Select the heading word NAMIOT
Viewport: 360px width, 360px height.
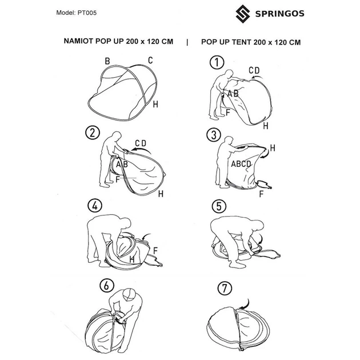point(84,42)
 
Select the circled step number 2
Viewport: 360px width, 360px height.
point(91,134)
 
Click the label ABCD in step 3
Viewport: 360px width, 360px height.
point(241,163)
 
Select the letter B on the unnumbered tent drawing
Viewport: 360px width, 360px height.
point(107,61)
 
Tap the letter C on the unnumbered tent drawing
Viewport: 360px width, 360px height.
point(150,60)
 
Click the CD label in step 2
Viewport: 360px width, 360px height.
point(141,142)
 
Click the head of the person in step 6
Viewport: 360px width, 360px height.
point(130,295)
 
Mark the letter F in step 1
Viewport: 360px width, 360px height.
point(227,113)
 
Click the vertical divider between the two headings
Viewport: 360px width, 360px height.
point(187,42)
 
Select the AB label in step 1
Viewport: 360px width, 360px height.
point(233,94)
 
